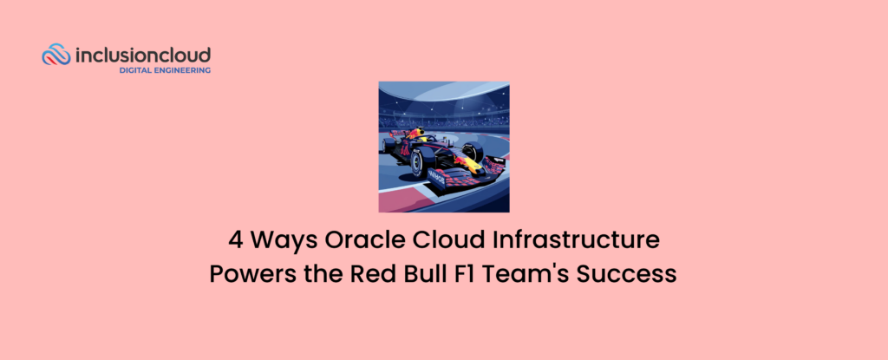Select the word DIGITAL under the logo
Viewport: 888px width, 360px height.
139,70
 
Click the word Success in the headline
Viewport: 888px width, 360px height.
627,274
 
